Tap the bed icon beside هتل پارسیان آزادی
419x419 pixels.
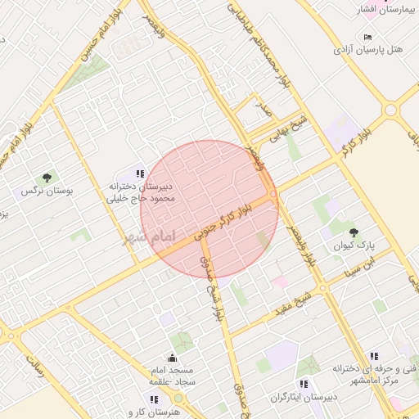pyautogui.click(x=367, y=38)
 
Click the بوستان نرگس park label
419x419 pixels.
pyautogui.click(x=47, y=190)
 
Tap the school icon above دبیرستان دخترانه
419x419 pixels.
pyautogui.click(x=140, y=173)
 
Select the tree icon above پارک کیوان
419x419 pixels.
pyautogui.click(x=354, y=232)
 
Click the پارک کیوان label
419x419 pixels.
pyautogui.click(x=354, y=245)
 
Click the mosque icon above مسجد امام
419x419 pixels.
pyautogui.click(x=172, y=358)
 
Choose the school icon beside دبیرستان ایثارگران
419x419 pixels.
pyautogui.click(x=304, y=383)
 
